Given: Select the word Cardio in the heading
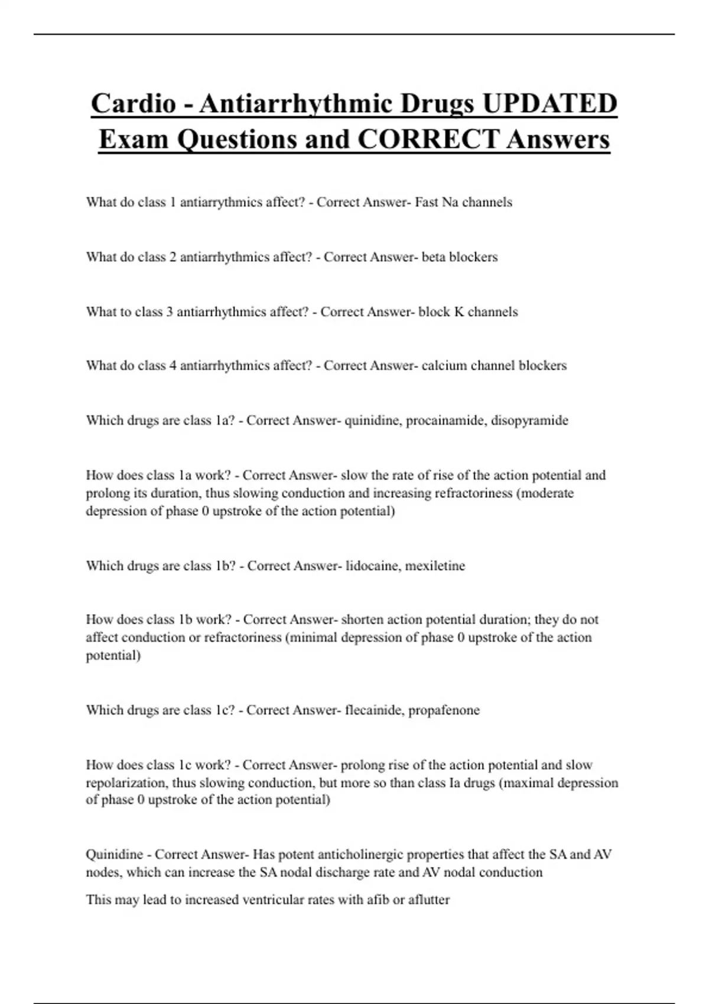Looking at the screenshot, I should [x=134, y=103].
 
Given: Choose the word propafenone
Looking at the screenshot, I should [x=444, y=710].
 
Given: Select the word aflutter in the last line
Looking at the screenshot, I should [x=429, y=900].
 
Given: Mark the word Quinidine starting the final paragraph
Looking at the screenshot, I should [x=115, y=855].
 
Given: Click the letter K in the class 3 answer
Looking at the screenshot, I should [x=458, y=312].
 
